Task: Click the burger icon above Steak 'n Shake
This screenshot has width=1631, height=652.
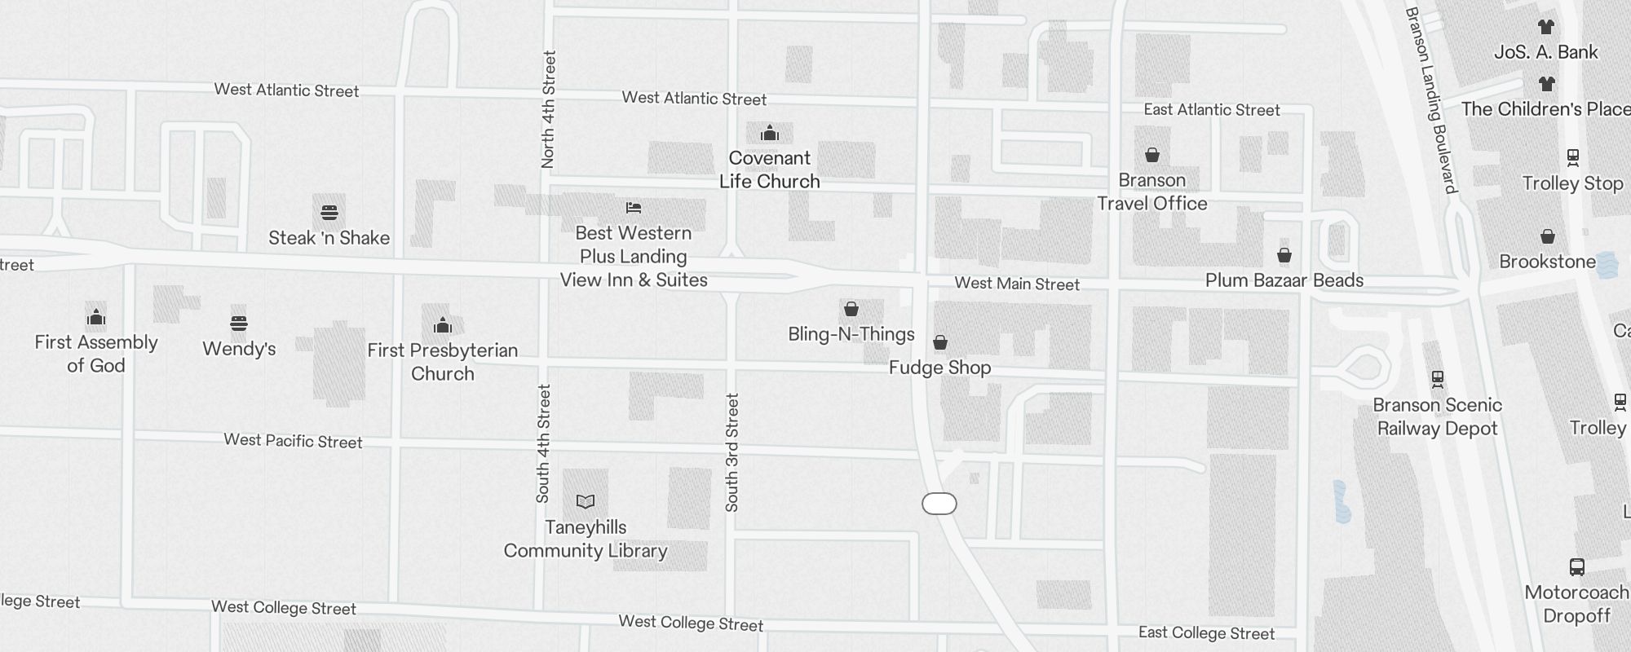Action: coord(329,213)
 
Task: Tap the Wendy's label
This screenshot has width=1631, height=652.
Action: coord(239,349)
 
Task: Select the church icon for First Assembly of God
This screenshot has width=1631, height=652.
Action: coord(96,317)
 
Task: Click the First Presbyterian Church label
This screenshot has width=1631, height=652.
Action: coord(443,362)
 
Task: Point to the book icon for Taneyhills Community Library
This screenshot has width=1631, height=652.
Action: coord(586,501)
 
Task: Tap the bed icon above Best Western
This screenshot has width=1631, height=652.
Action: coord(634,208)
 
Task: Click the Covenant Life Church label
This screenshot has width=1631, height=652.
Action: coord(770,170)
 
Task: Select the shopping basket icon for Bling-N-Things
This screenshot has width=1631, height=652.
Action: coord(851,309)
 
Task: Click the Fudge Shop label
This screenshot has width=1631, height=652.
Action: coord(939,368)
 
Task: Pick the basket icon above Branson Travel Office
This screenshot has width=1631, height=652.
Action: coord(1152,155)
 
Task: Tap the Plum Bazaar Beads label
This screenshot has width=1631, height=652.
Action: coord(1284,280)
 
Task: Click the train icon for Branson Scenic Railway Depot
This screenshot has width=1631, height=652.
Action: coord(1438,379)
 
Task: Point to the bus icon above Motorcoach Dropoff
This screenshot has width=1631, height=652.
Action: coord(1577,567)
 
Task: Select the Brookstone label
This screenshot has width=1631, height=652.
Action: coord(1548,262)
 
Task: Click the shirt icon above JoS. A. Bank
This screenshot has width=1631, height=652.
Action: coord(1546,27)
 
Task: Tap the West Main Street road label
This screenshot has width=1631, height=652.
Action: coord(1017,284)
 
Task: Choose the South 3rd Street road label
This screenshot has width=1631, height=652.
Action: coord(732,452)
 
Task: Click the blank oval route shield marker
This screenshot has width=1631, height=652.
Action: coord(939,504)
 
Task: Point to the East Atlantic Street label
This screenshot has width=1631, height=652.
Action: coord(1212,110)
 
